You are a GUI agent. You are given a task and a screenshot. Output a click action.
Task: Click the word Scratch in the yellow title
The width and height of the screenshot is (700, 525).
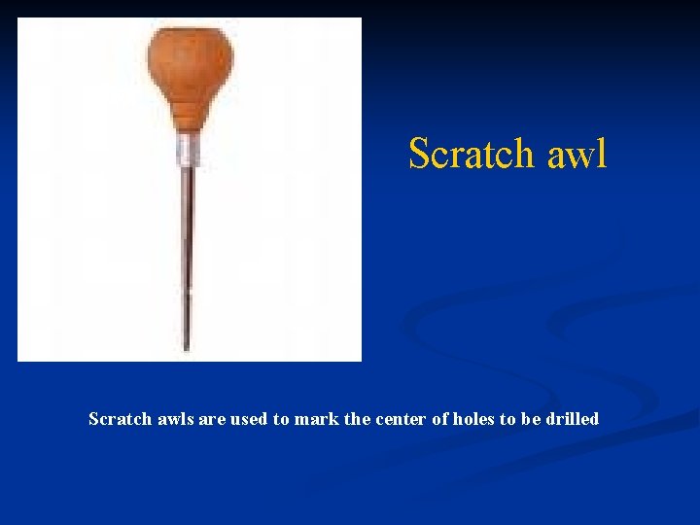point(472,154)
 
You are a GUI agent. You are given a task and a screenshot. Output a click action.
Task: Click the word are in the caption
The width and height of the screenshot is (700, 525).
point(212,419)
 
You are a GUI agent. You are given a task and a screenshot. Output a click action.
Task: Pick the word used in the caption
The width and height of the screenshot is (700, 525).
point(249,419)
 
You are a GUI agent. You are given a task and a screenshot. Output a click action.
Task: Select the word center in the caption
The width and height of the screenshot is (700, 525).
point(402,419)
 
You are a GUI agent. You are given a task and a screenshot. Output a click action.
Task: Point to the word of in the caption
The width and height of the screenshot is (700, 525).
point(440,419)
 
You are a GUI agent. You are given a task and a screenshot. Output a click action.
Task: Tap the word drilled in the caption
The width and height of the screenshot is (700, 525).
point(574,419)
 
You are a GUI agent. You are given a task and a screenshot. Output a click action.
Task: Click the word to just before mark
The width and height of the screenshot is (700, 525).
point(283,419)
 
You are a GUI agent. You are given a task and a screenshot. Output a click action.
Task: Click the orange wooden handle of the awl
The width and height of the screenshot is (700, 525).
point(190,78)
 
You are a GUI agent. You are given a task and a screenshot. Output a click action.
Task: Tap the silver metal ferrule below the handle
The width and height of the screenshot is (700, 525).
point(190,151)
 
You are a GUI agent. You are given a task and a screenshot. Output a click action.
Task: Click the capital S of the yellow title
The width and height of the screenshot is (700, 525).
point(418,154)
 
